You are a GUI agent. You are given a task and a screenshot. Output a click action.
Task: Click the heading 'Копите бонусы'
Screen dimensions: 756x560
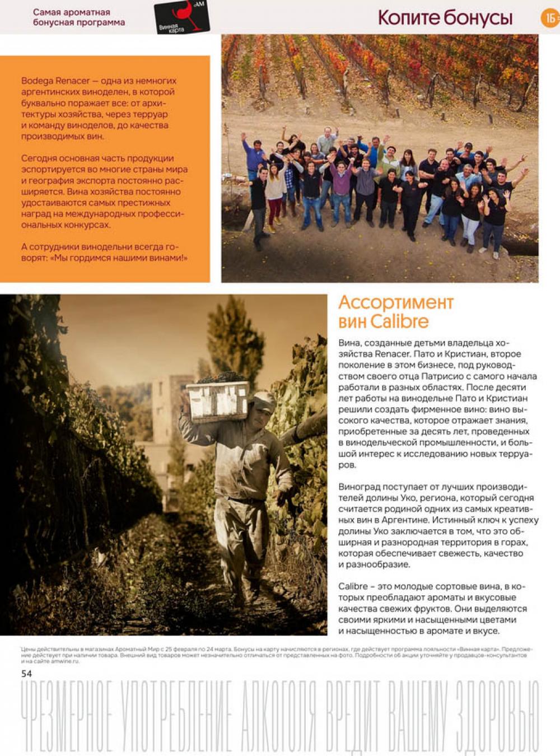tap(445, 17)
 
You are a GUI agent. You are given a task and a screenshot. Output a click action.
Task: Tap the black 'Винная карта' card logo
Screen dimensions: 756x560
tap(181, 17)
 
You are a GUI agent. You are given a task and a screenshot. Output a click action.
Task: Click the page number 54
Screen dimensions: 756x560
tap(26, 673)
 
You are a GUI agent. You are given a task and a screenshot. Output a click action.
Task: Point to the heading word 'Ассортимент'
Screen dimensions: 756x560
tap(396, 302)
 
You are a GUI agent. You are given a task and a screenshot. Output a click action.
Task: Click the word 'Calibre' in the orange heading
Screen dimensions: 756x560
tap(399, 321)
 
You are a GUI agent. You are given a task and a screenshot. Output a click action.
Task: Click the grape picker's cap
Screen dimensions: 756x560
tap(263, 399)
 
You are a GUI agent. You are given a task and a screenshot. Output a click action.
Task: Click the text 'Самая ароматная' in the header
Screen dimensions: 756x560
tap(71, 12)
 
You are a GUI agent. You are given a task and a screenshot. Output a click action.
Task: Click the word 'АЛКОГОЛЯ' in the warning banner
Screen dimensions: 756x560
tap(278, 717)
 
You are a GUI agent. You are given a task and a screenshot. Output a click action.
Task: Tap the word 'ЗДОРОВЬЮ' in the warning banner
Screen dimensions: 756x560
tap(497, 717)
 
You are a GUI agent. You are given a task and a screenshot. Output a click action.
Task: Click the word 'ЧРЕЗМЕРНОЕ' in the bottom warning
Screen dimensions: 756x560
tap(67, 717)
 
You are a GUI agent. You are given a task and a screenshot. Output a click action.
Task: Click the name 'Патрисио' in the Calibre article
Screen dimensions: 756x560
tap(440, 376)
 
